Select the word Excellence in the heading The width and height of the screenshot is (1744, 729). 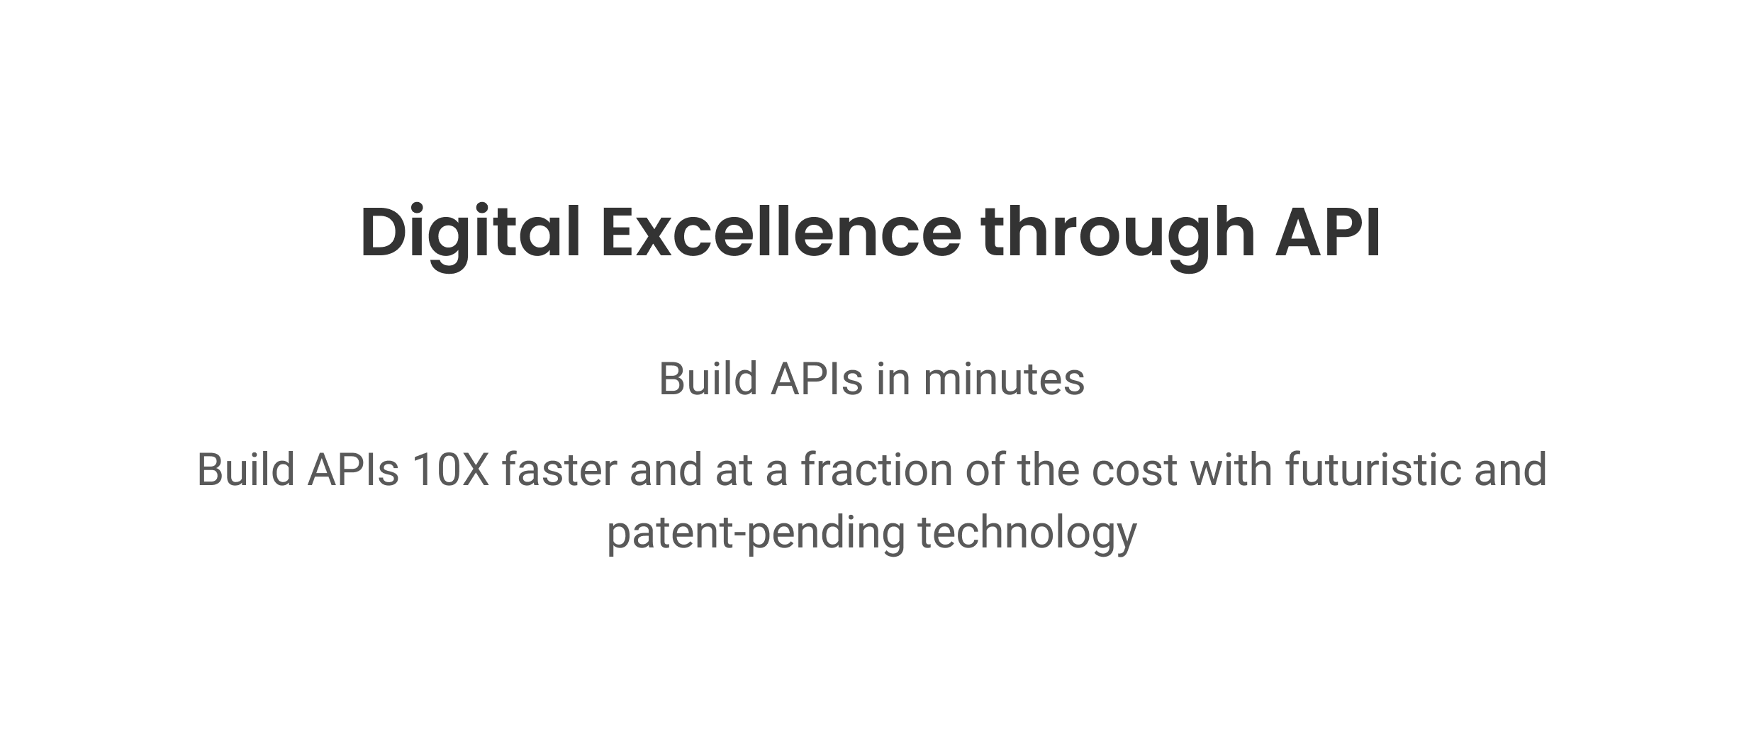click(x=781, y=233)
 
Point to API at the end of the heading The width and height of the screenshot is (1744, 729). click(x=1328, y=233)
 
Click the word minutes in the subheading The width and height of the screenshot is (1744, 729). click(x=1004, y=379)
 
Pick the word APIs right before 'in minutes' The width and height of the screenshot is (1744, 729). click(x=817, y=379)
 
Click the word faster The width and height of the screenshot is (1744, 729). click(x=560, y=469)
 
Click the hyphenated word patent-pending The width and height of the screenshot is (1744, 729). click(x=756, y=533)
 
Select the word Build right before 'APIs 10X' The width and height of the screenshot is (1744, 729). click(x=245, y=469)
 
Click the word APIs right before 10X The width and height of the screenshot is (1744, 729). click(x=354, y=469)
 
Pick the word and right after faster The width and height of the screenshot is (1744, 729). click(x=666, y=469)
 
